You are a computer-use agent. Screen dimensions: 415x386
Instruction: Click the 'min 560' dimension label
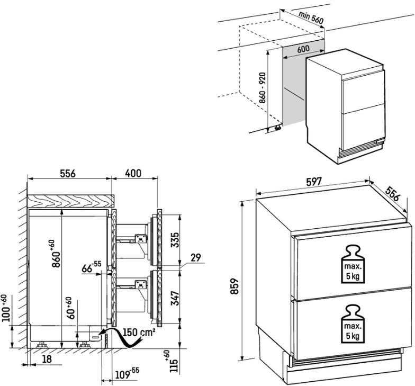coord(311,17)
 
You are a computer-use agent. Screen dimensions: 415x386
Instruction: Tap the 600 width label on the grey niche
coord(303,49)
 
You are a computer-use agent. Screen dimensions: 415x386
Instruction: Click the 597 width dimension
coord(313,182)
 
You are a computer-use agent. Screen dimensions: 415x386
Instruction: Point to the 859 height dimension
coord(235,286)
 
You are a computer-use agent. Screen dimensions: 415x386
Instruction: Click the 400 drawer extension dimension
coord(133,174)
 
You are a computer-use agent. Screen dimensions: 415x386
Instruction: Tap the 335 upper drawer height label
coord(175,240)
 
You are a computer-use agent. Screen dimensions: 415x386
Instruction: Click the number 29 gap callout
coord(196,257)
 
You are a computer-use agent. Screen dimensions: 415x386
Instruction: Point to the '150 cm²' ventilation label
coord(139,332)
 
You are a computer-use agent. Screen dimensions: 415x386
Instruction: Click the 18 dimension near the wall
coord(47,359)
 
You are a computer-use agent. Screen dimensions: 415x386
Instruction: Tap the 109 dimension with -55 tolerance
coord(127,374)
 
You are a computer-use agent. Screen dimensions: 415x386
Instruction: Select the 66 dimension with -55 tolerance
coord(91,267)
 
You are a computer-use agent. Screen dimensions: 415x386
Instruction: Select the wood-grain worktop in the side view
coord(71,201)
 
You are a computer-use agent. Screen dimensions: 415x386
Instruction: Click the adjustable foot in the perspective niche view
coord(278,127)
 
